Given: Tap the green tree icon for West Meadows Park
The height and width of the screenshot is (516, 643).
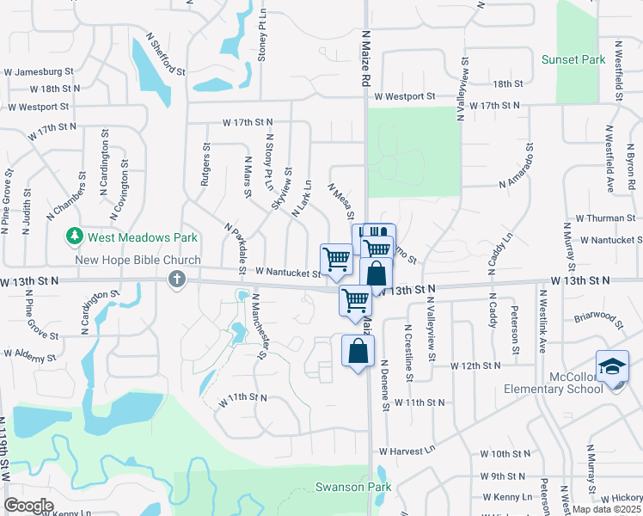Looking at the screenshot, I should (76, 236).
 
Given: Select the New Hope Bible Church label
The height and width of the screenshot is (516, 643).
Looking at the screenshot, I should (126, 260).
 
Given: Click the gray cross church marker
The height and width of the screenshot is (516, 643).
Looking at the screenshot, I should (177, 279).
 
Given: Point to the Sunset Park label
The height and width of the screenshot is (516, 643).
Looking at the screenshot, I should (573, 59).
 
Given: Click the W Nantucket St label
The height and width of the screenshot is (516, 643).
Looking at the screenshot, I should (287, 271).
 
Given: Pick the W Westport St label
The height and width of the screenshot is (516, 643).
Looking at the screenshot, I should (38, 107).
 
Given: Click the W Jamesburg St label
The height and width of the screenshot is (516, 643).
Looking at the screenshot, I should (40, 72).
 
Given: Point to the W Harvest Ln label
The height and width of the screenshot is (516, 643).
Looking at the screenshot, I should (407, 451).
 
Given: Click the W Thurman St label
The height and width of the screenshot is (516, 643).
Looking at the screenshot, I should (605, 218).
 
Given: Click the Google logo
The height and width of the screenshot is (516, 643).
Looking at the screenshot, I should (28, 506).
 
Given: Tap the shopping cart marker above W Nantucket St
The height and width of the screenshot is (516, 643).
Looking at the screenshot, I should (336, 257).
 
